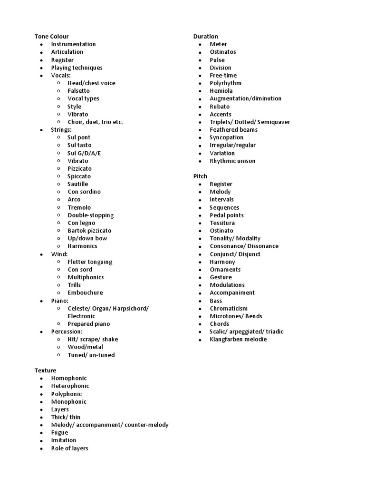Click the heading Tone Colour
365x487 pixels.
click(51, 36)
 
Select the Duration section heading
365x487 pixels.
click(205, 36)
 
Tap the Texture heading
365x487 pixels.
click(45, 370)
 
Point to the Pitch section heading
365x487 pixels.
click(200, 176)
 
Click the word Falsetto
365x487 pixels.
click(78, 90)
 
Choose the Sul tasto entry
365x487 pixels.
click(79, 145)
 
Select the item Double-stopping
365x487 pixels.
click(90, 215)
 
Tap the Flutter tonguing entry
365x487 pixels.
click(90, 262)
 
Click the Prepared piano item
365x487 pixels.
click(88, 324)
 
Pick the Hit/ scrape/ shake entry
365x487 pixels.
click(93, 339)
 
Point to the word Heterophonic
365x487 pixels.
click(70, 386)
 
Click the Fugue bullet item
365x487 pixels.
click(59, 432)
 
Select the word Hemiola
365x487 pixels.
click(221, 90)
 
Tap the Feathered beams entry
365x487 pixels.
click(233, 129)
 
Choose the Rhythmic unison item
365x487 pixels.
click(232, 161)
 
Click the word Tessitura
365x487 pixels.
click(222, 223)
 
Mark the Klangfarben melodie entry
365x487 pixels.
click(238, 339)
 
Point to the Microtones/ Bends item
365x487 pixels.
click(236, 316)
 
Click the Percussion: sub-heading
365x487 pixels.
click(67, 331)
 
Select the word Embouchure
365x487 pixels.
click(85, 292)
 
